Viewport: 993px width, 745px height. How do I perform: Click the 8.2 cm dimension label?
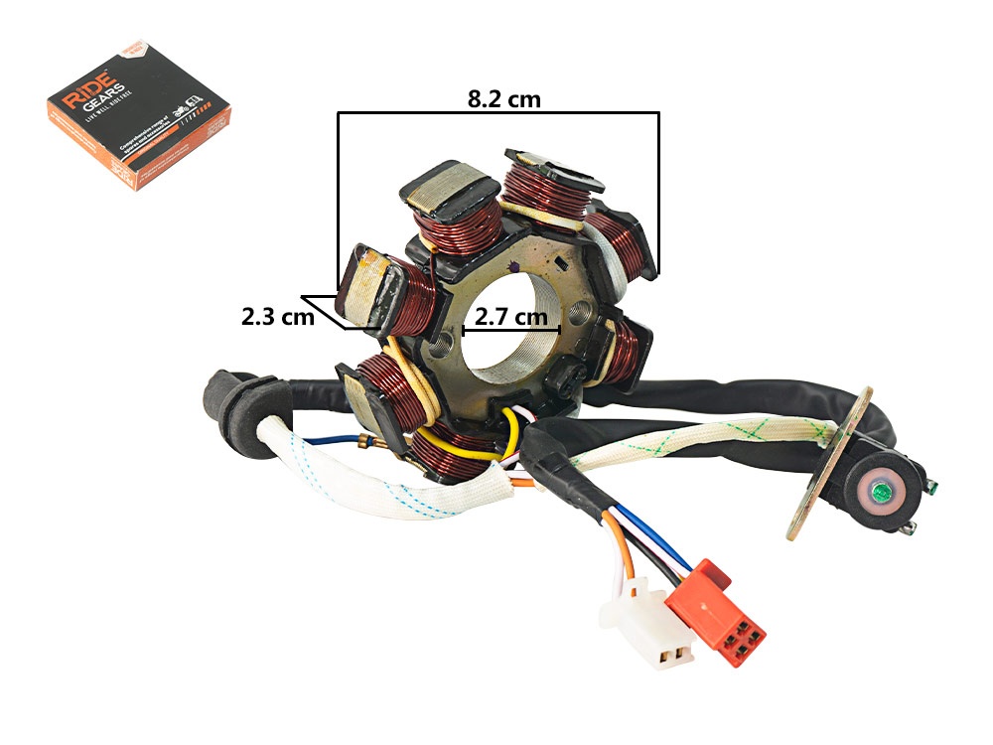[503, 98]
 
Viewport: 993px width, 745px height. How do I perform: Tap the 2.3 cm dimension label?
[277, 318]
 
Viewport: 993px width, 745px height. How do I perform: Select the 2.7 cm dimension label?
[510, 318]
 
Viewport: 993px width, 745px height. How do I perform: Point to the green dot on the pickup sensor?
[878, 491]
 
